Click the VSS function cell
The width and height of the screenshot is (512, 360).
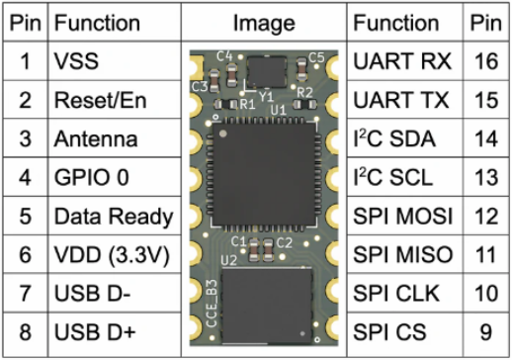click(115, 61)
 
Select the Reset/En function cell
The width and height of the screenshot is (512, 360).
click(115, 100)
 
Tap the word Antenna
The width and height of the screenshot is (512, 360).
click(96, 138)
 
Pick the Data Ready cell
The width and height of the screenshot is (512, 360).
click(115, 217)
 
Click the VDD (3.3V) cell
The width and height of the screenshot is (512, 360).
click(115, 254)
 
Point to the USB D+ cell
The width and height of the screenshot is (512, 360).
click(115, 332)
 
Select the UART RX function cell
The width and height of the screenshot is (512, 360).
click(404, 61)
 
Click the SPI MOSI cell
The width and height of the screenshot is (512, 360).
click(404, 217)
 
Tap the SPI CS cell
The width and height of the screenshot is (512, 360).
click(404, 332)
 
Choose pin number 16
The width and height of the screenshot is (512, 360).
click(486, 61)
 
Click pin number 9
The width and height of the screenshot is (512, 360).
click(486, 332)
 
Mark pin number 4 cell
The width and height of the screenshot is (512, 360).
click(26, 177)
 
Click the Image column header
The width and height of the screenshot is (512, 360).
click(264, 23)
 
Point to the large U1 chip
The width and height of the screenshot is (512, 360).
click(264, 174)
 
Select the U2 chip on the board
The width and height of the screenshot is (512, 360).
click(267, 306)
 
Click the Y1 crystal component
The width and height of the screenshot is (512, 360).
click(266, 72)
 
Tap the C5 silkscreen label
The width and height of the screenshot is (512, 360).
click(316, 58)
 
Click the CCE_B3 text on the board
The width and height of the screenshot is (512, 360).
click(212, 304)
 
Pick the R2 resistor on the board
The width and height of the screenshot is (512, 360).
click(304, 105)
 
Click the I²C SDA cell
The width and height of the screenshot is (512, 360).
click(404, 138)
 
